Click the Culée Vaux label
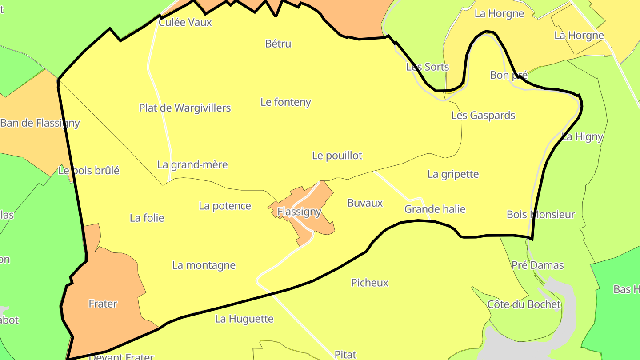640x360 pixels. [x=185, y=22]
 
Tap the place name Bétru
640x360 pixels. [x=278, y=44]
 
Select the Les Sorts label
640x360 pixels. [x=428, y=67]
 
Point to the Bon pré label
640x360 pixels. [x=508, y=75]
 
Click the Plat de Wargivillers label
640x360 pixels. [x=185, y=108]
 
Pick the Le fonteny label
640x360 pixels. [x=286, y=102]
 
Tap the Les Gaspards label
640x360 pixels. [x=483, y=116]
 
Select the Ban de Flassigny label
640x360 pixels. [x=40, y=123]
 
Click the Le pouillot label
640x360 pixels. [x=337, y=156]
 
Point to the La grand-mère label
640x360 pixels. [x=192, y=165]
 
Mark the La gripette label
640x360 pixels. [x=453, y=174]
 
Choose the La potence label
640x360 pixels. [x=225, y=206]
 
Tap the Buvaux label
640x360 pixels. [x=365, y=203]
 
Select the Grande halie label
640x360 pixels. [x=435, y=209]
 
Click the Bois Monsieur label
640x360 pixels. [x=541, y=215]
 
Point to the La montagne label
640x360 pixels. [x=204, y=266]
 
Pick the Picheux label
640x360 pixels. [x=370, y=283]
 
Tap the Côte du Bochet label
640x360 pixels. [x=524, y=305]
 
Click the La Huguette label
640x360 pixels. [x=244, y=319]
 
